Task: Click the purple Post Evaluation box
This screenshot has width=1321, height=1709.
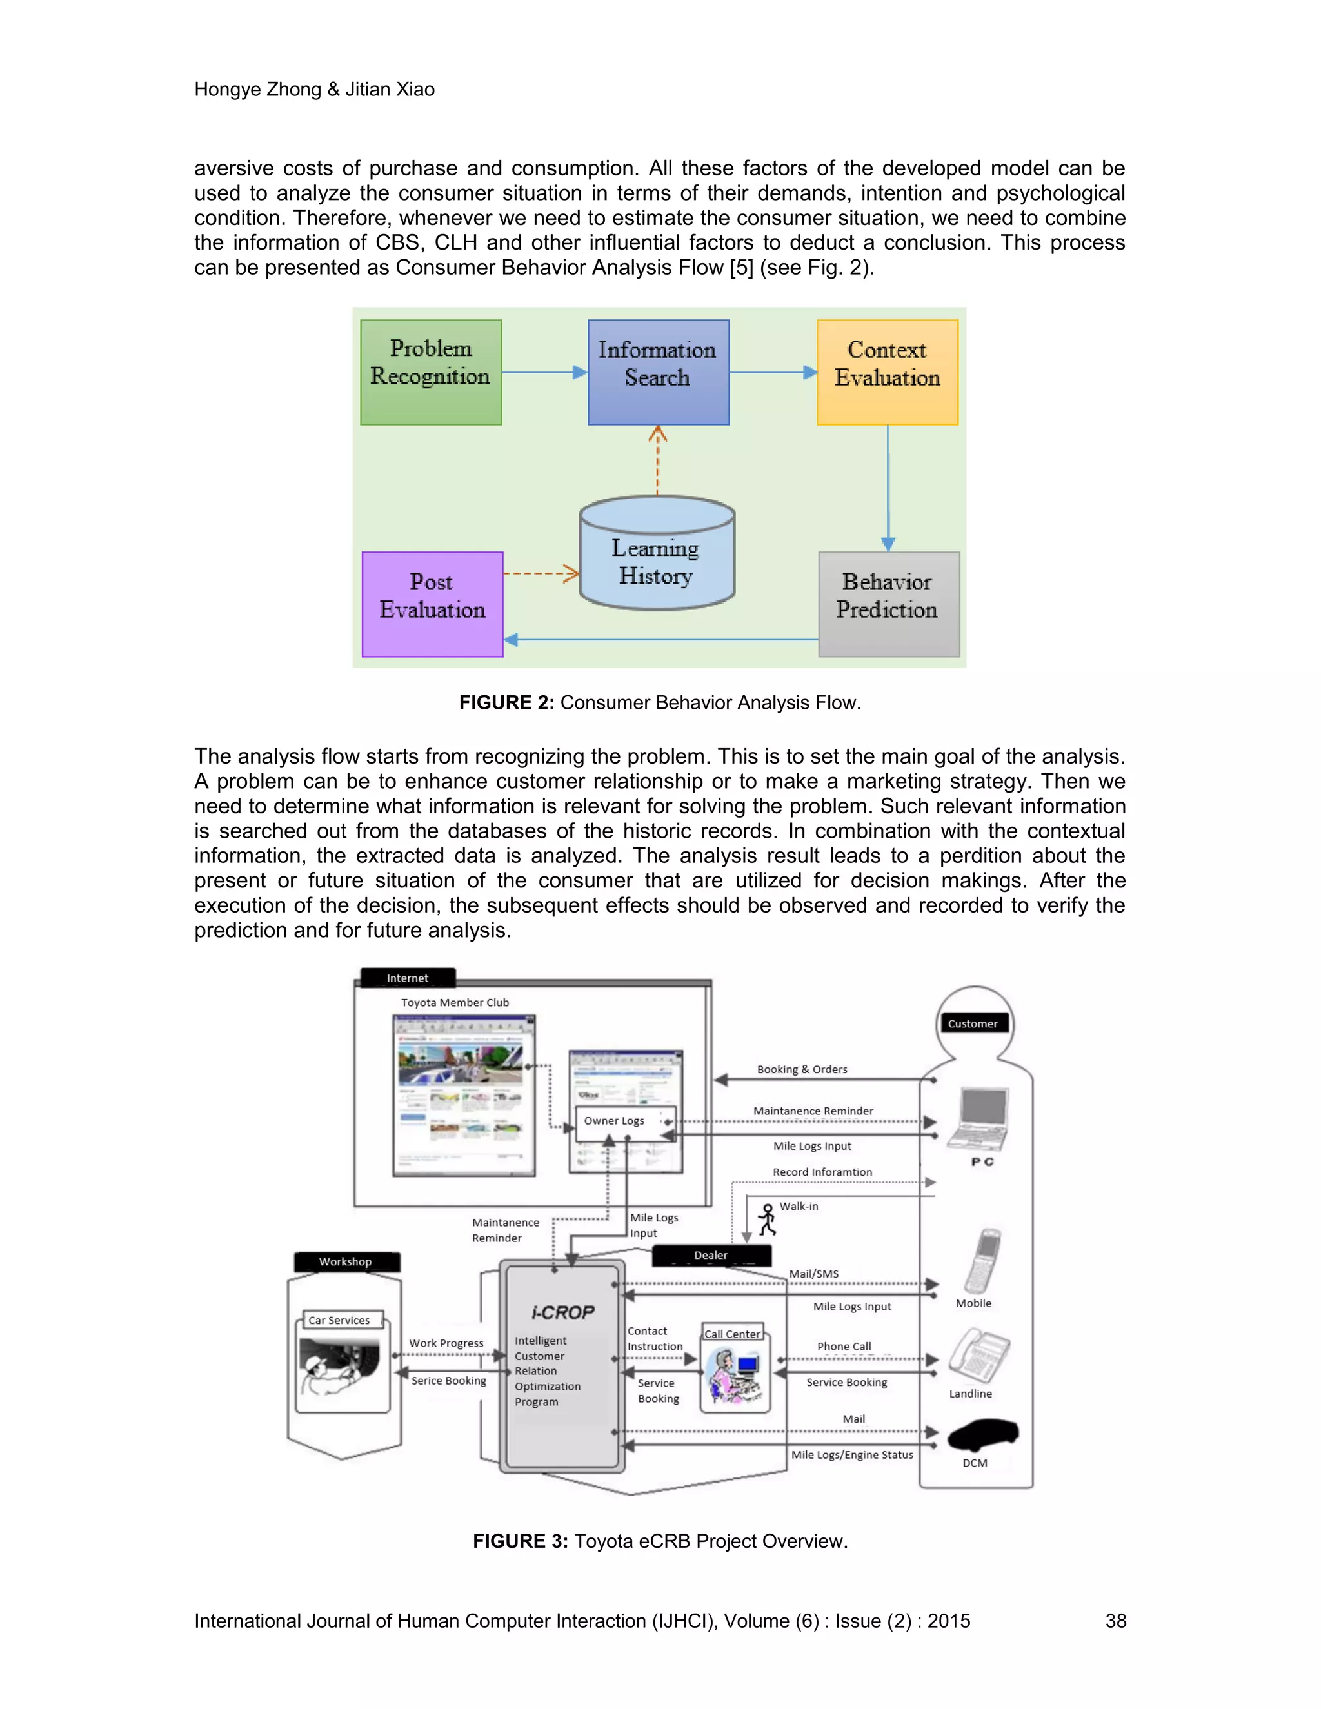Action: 432,604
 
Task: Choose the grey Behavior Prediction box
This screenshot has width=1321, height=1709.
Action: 888,604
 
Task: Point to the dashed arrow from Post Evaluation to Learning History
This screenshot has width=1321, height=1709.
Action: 541,573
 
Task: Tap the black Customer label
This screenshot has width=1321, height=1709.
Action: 973,1023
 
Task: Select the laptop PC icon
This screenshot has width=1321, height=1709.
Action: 978,1118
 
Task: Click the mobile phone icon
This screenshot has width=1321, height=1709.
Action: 983,1261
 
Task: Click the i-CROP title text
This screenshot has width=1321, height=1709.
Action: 562,1312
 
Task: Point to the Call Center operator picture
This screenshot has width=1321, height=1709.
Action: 734,1376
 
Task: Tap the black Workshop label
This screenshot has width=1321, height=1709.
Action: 346,1261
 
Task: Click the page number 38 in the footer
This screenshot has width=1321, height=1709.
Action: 1115,1621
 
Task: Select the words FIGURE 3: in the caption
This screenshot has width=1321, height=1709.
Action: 520,1541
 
